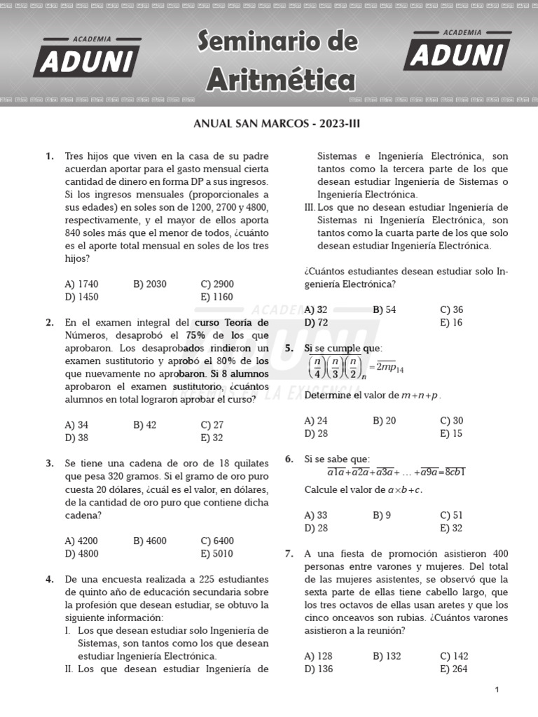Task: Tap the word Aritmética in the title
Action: [x=280, y=78]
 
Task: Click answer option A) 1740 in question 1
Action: [x=81, y=284]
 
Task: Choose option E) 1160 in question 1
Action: [x=216, y=296]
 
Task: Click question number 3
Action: [x=50, y=464]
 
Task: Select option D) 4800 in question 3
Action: [x=81, y=553]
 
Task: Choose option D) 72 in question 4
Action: [x=316, y=322]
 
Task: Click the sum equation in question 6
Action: [x=387, y=472]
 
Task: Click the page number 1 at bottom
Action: [x=497, y=690]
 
